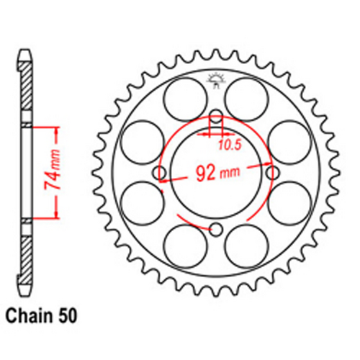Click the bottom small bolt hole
216,230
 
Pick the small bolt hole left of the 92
160,173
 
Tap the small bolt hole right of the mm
272,173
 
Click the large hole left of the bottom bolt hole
184,247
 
